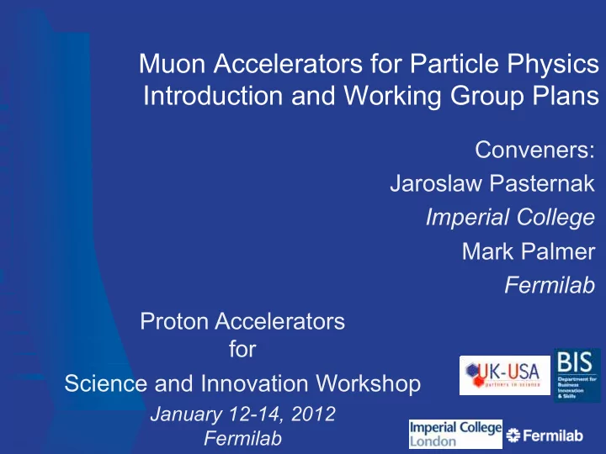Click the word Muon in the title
coord(172,63)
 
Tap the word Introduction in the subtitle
coord(213,95)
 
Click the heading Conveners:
coord(535,150)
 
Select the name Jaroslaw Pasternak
coord(492,183)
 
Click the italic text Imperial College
coord(510,217)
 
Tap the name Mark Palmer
coord(529,251)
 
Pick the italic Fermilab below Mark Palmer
coord(550,285)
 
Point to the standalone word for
coord(242,349)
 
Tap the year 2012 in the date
coord(313,414)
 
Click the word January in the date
coord(186,414)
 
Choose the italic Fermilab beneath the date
coord(242,438)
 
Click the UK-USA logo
coord(505,375)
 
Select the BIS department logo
coord(577,375)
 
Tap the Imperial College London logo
coord(455,434)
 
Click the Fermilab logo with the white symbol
coord(545,436)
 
